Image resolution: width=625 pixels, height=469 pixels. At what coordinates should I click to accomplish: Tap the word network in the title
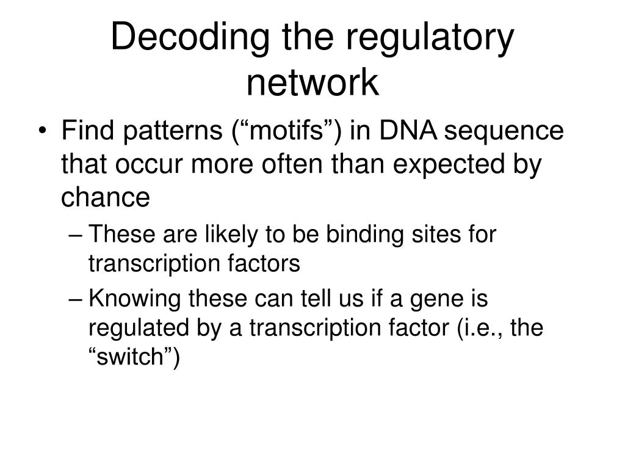(x=312, y=83)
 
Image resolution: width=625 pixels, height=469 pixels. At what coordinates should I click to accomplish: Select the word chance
(x=106, y=197)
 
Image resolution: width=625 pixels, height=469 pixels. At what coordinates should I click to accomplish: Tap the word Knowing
(x=134, y=299)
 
